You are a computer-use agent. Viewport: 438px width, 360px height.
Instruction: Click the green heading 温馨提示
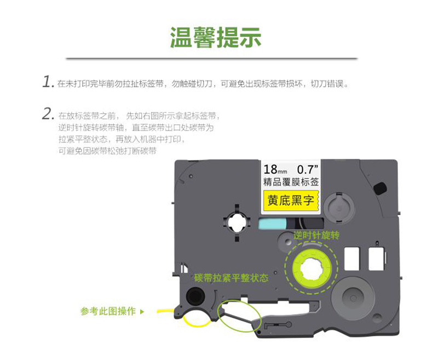point(215,37)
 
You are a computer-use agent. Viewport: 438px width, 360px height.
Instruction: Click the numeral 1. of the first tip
point(48,82)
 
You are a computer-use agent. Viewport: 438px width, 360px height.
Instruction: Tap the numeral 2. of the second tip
point(48,115)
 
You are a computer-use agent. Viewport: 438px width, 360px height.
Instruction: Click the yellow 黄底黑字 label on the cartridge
point(291,201)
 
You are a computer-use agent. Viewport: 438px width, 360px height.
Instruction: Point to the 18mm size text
point(275,169)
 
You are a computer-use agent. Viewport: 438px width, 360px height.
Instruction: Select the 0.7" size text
point(308,169)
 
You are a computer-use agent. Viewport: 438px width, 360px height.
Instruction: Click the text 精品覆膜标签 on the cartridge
point(291,182)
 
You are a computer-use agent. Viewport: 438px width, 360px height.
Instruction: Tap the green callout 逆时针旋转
point(316,235)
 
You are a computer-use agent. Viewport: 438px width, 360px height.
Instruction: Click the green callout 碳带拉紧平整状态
point(231,278)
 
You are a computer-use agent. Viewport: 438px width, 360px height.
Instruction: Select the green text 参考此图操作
point(108,311)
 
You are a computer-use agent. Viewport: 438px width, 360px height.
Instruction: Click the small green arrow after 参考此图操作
point(142,311)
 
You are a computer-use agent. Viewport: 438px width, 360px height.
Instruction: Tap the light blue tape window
point(272,224)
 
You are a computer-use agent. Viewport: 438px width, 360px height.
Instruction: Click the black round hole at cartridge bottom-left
point(195,296)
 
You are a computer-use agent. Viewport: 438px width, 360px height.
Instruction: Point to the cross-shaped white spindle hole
point(237,223)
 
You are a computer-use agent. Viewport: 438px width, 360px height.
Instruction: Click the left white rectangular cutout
point(351,259)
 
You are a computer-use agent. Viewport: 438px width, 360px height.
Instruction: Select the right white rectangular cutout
point(376,259)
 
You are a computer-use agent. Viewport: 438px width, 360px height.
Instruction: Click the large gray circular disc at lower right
point(353,298)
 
